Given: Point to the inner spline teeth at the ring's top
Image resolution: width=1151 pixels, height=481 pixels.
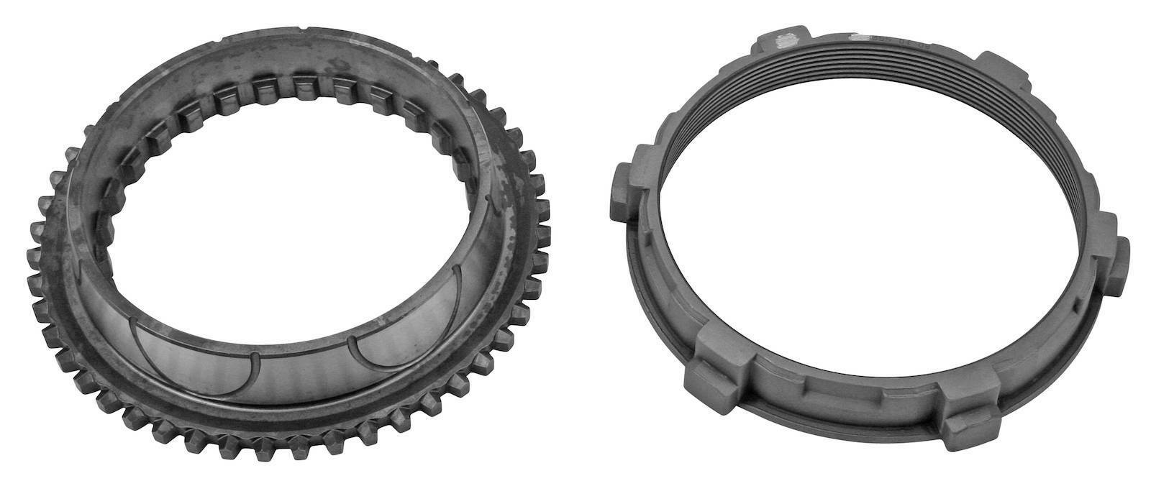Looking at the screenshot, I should pos(302,90).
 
